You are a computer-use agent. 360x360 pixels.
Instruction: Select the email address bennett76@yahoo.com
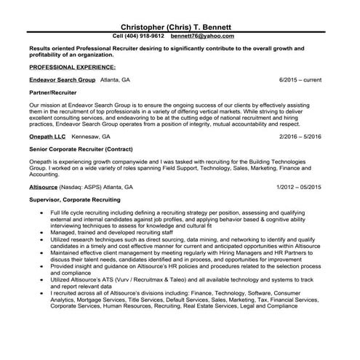[x=202, y=35]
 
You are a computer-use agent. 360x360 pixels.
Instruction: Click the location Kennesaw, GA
[x=92, y=136]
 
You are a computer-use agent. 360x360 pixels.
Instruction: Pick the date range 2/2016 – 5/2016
[x=300, y=136]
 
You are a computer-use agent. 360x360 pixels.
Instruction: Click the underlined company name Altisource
[x=44, y=187]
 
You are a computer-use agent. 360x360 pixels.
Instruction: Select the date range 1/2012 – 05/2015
[x=298, y=187]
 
